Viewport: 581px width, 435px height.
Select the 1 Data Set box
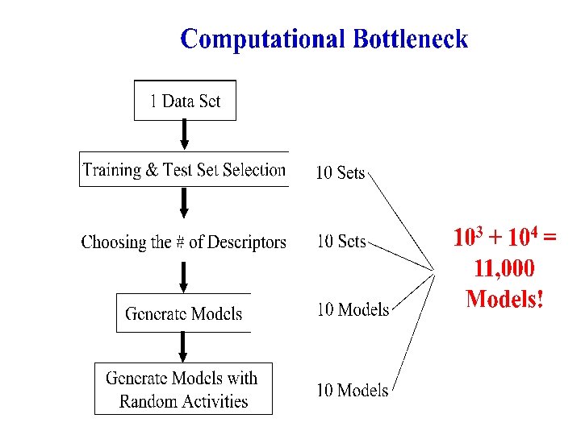coord(185,101)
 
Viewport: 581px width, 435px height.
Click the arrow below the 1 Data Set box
coord(185,135)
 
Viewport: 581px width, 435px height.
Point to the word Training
coord(115,170)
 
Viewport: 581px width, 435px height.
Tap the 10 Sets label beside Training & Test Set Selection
coord(341,172)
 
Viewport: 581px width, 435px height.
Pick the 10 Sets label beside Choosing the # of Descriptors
coord(341,241)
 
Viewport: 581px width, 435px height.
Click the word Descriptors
coord(248,242)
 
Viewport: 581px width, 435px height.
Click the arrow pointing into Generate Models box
coord(184,277)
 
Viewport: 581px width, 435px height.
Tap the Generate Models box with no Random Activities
coord(184,313)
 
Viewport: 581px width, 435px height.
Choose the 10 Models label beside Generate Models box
coord(353,309)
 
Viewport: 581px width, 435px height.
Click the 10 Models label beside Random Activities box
coord(352,391)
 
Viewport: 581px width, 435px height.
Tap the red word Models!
coord(505,299)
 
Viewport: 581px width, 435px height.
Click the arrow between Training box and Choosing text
coord(184,203)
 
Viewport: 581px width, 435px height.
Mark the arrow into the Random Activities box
coord(183,347)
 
